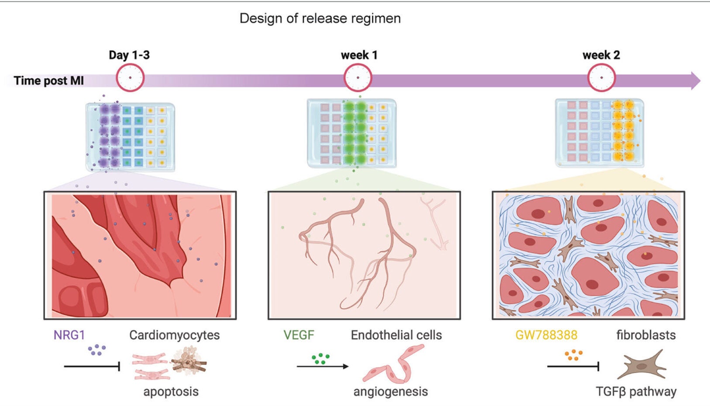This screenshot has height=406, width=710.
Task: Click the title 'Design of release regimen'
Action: click(320, 18)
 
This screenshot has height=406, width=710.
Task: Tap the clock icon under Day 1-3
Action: click(130, 78)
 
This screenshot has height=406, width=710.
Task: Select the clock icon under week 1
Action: click(358, 78)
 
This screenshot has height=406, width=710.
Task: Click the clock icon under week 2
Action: click(601, 78)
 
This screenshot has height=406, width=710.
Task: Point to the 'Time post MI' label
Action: click(48, 81)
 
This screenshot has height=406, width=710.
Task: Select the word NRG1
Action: click(69, 335)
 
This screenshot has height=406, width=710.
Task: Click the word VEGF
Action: click(298, 335)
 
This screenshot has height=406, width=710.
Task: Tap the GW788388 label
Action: click(546, 335)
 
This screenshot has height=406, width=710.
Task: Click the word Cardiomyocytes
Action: click(174, 335)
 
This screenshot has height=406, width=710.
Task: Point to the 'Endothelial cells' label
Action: click(396, 335)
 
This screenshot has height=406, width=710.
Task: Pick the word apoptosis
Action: click(171, 391)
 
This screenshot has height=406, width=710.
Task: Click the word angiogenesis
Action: click(390, 391)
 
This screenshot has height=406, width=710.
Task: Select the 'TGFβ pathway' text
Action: click(636, 391)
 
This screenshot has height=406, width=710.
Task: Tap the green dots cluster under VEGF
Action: click(320, 358)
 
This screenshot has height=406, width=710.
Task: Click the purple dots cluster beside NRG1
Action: click(97, 350)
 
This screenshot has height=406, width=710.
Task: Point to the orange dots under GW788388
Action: click(573, 355)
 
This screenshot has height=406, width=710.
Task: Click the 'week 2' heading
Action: click(601, 55)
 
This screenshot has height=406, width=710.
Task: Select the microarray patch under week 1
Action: click(352, 133)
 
